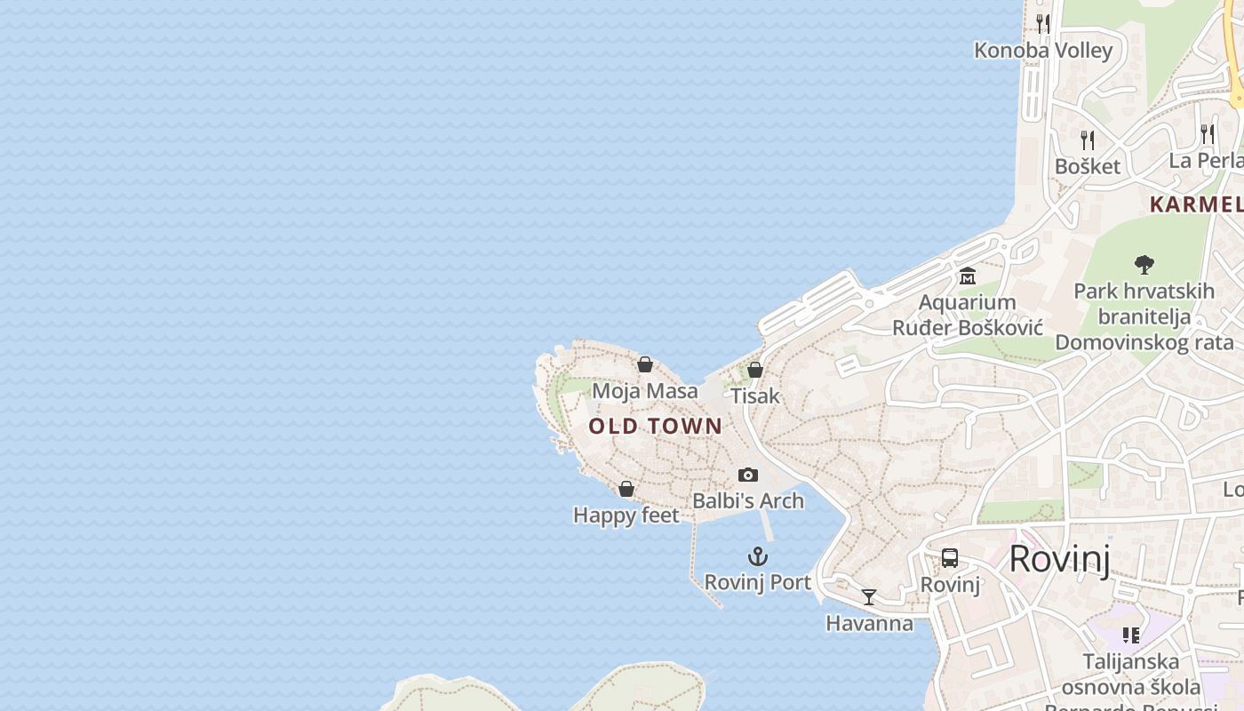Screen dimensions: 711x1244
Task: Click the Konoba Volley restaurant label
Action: (x=1043, y=50)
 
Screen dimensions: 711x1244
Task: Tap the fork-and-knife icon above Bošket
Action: (x=1087, y=140)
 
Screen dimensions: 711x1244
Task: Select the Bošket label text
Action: (x=1088, y=166)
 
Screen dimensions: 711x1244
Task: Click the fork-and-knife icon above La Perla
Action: (x=1208, y=133)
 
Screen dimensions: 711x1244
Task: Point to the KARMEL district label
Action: (x=1196, y=204)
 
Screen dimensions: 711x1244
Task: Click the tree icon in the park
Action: (x=1144, y=264)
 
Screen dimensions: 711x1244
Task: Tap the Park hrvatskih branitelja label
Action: (x=1144, y=316)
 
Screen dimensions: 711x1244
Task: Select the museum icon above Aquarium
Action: (x=968, y=276)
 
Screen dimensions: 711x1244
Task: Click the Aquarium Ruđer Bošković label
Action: (x=967, y=315)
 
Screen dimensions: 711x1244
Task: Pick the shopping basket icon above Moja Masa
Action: (x=645, y=364)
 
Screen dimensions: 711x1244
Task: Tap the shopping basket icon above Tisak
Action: (x=755, y=370)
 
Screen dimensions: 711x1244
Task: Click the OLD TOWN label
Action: (x=656, y=427)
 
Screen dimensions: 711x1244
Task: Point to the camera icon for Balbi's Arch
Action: (x=748, y=475)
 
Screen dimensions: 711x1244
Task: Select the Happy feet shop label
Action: (x=626, y=515)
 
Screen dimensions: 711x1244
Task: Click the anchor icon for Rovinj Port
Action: (x=757, y=557)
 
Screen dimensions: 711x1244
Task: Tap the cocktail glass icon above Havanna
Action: (x=869, y=597)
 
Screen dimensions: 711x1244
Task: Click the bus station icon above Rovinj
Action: (x=950, y=558)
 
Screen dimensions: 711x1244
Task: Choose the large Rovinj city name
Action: (x=1059, y=559)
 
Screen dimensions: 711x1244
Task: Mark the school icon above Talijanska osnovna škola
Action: (x=1130, y=635)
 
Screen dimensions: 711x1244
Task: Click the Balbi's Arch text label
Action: (x=748, y=501)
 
